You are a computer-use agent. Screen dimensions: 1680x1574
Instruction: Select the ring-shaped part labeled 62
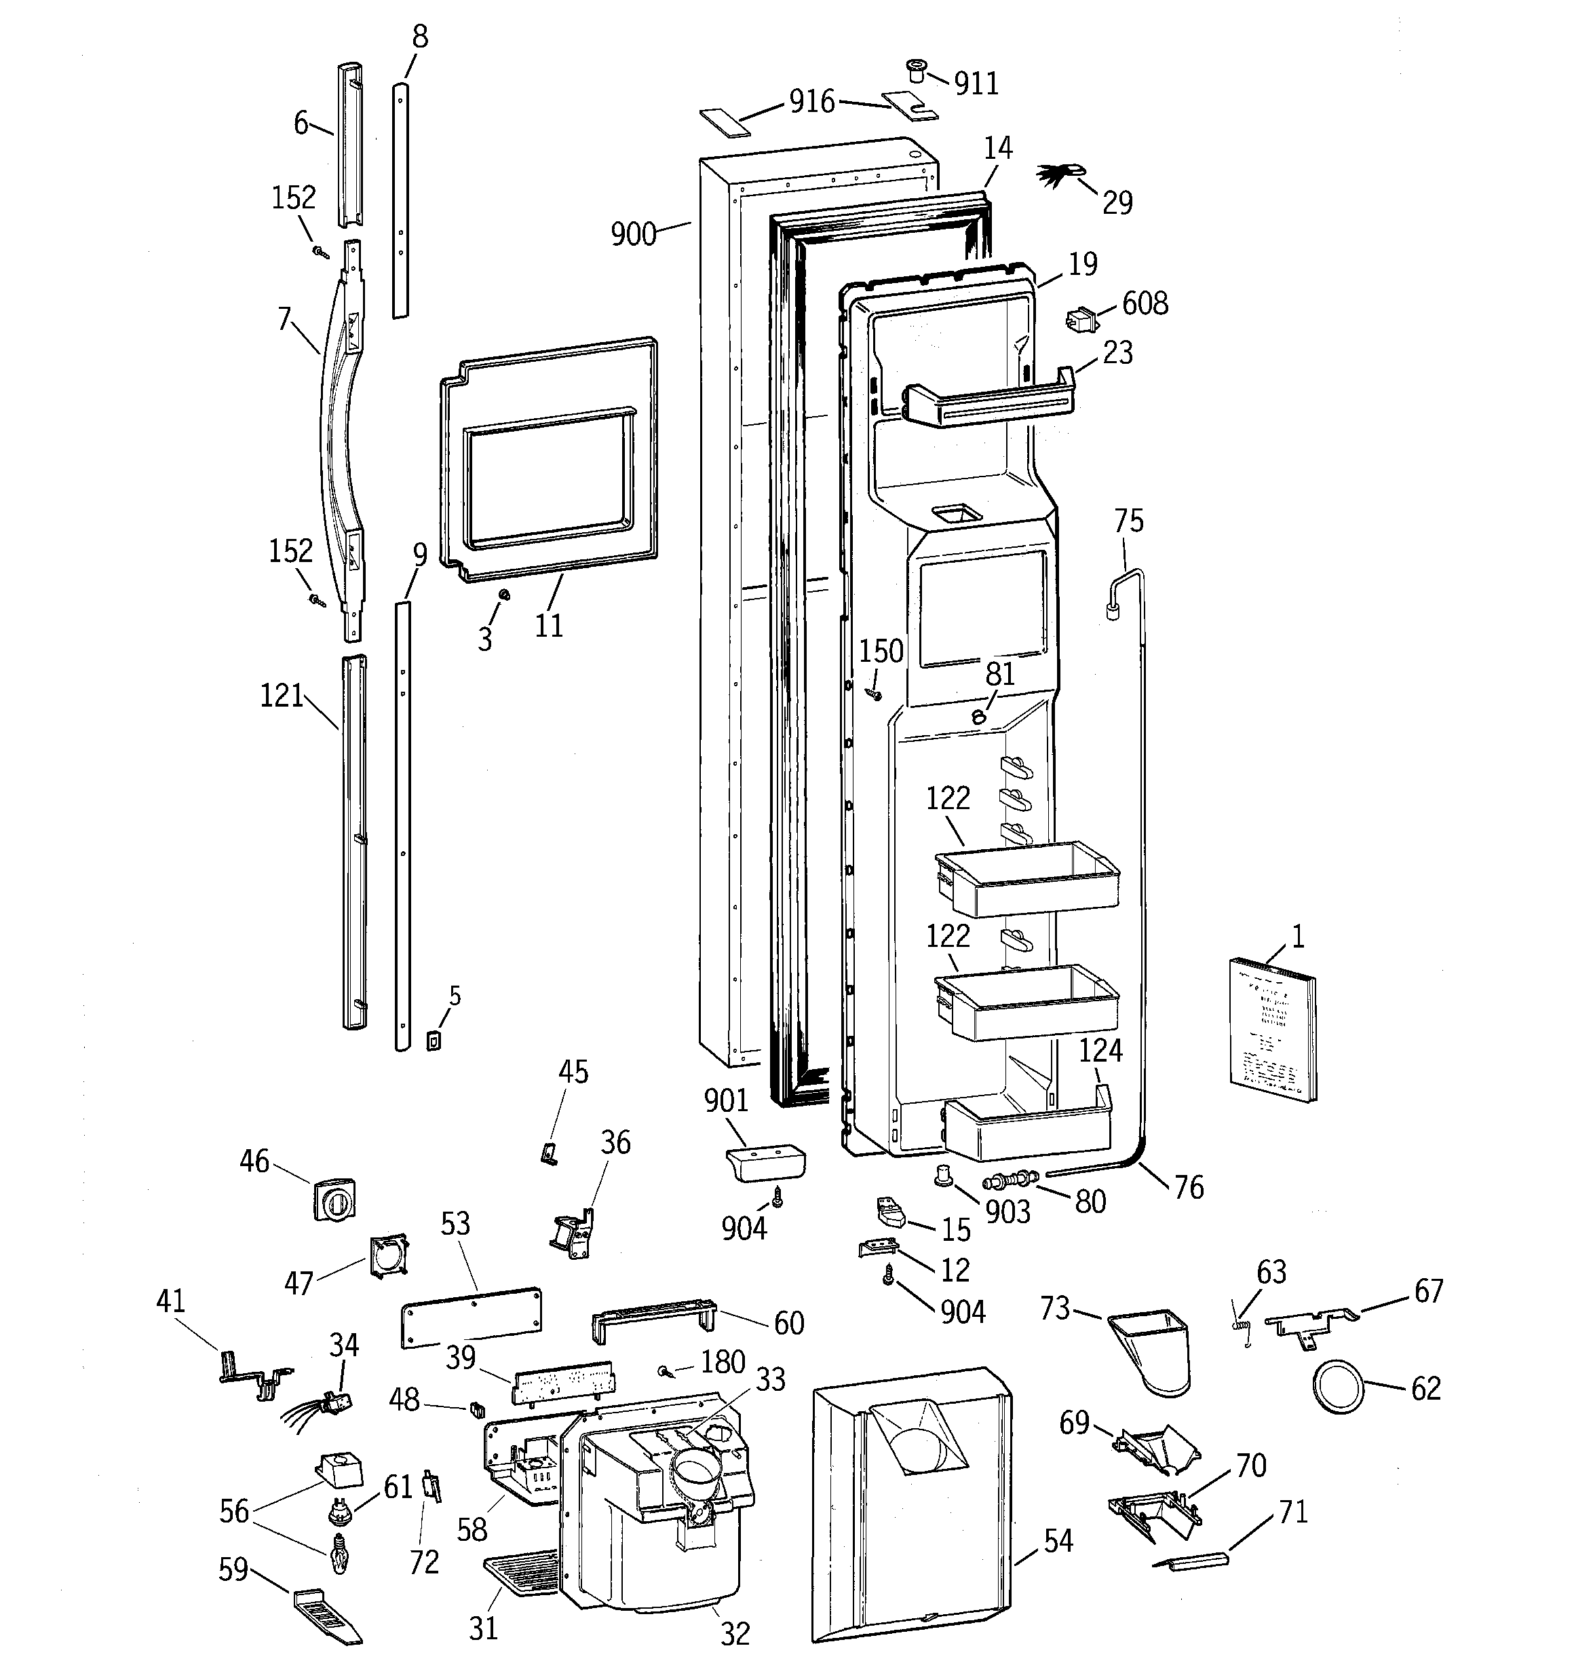point(1337,1387)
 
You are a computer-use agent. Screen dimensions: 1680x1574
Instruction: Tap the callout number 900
point(633,234)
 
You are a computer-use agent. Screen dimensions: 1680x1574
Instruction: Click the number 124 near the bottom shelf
point(1100,1050)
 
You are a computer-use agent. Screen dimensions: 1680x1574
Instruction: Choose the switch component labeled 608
point(1081,322)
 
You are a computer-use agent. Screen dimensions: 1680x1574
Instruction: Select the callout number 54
point(1058,1541)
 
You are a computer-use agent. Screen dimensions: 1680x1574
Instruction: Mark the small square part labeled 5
point(434,1041)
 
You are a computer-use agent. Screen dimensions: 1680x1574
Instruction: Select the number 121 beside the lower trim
point(282,696)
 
